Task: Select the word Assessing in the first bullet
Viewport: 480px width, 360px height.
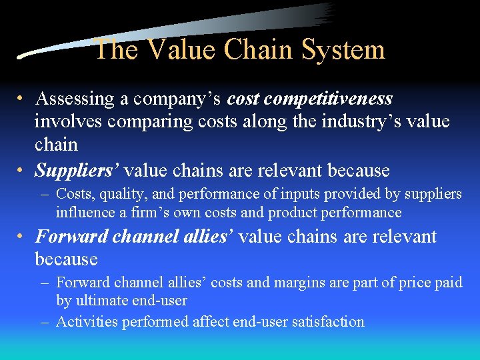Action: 75,99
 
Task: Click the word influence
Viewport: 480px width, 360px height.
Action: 85,213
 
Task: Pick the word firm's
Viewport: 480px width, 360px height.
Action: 144,213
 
